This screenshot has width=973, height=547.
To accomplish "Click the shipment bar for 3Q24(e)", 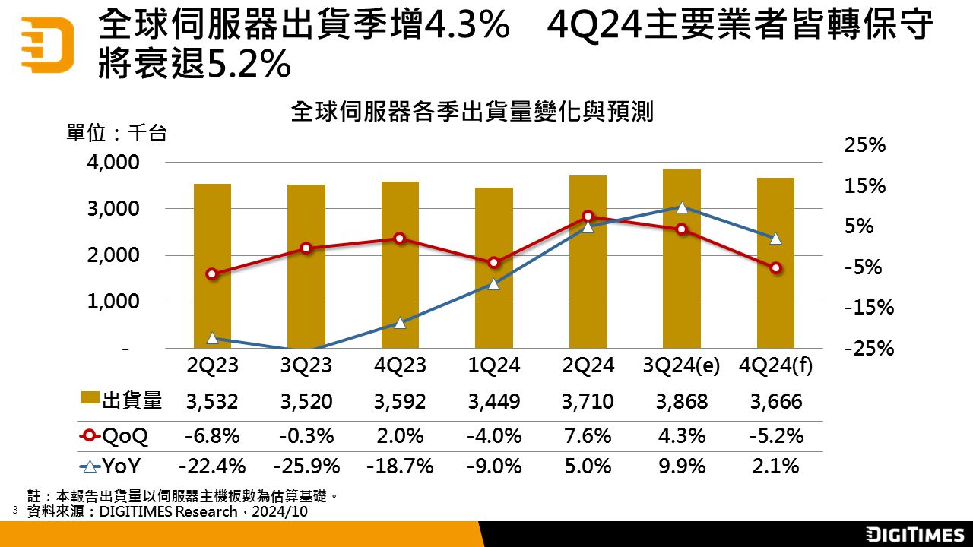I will tap(681, 258).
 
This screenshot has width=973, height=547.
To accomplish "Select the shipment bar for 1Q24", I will tap(494, 267).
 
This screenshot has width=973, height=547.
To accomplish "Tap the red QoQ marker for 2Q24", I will tap(588, 217).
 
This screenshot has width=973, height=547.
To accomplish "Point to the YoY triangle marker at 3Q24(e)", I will tap(682, 207).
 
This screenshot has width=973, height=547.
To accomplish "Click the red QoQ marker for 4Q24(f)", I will tap(776, 268).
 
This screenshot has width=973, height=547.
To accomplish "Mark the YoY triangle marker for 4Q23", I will tap(401, 323).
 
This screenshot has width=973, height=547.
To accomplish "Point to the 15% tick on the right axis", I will tap(865, 186).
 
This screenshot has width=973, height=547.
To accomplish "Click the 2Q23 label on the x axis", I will tap(213, 365).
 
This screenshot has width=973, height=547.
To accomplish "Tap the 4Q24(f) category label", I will tap(776, 365).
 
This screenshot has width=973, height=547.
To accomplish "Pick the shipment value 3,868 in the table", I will tap(682, 401).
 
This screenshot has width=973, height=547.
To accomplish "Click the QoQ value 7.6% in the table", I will tap(588, 436).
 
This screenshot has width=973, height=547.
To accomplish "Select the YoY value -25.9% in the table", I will tap(306, 466).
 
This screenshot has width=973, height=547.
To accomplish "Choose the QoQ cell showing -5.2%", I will tap(776, 436).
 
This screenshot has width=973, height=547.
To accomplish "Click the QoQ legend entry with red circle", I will tap(114, 436).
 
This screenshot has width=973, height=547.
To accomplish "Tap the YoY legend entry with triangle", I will tap(114, 466).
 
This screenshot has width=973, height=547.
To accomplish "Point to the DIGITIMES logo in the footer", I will tap(915, 534).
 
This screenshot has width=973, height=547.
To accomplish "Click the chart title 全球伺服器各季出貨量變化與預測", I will tap(472, 113).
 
